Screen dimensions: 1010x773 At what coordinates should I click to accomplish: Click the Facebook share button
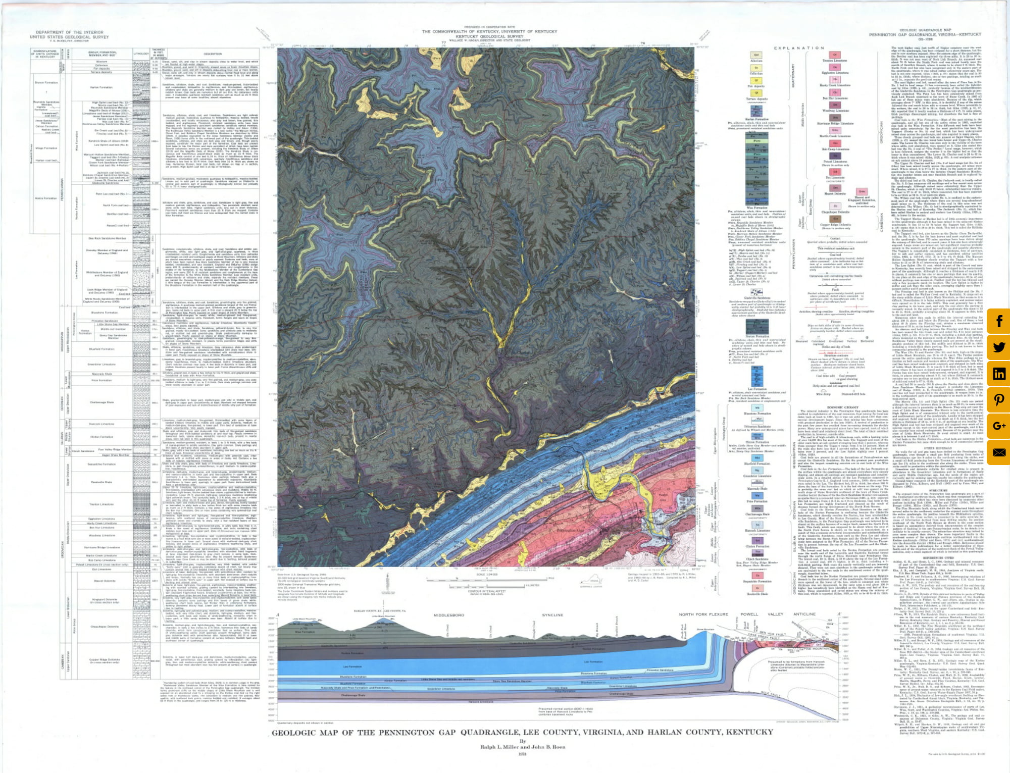[x=999, y=321]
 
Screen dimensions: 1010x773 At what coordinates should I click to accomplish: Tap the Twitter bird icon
[x=999, y=347]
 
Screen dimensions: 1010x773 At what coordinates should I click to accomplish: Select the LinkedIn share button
[x=999, y=374]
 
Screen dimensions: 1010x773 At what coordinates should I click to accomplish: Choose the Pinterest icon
[x=999, y=400]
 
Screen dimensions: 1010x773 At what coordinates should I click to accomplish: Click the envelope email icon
[x=999, y=452]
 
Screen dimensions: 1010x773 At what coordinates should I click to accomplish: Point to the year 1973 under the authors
[x=522, y=754]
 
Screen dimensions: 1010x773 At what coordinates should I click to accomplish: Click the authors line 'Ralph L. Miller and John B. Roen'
[x=522, y=747]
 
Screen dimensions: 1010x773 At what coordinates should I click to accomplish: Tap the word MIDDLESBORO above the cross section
[x=448, y=615]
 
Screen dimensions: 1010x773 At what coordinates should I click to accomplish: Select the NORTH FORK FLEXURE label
[x=703, y=614]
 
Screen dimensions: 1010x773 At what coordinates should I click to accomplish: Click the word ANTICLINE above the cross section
[x=804, y=614]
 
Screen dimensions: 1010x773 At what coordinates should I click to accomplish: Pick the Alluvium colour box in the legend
[x=756, y=56]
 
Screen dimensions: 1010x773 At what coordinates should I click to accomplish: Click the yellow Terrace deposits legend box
[x=756, y=93]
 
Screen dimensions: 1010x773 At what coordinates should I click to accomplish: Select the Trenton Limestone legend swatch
[x=835, y=55]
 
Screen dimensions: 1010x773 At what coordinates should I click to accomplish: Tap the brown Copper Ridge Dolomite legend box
[x=835, y=219]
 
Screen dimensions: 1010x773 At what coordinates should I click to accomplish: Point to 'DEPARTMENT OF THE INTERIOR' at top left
[x=69, y=32]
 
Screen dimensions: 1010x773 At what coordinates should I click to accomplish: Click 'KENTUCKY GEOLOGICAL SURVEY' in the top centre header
[x=489, y=36]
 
